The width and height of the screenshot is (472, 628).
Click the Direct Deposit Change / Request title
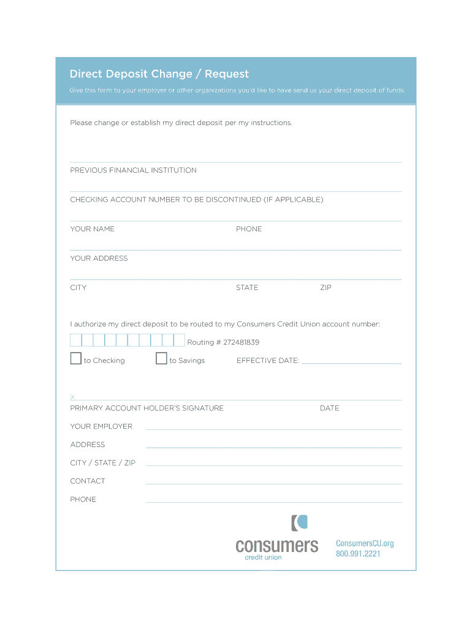point(159,74)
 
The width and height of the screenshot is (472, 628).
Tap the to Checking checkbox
point(75,359)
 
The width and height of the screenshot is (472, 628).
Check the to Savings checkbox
point(161,359)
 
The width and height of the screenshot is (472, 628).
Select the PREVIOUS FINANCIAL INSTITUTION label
point(133,170)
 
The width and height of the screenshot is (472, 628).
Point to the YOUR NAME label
point(92,229)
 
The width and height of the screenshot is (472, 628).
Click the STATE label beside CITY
point(247,288)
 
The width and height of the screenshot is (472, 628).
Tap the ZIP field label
point(325,288)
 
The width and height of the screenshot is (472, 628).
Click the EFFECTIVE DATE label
point(268,361)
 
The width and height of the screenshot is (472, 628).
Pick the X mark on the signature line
point(72,397)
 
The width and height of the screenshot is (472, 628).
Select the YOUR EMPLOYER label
point(101,427)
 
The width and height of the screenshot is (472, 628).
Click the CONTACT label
point(88,481)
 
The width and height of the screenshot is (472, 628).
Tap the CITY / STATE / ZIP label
point(103,463)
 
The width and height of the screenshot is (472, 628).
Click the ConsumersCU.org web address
point(365,543)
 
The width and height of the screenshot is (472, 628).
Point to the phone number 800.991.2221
point(358,554)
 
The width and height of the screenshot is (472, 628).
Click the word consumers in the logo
point(277,545)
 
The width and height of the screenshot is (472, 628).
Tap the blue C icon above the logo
point(299,523)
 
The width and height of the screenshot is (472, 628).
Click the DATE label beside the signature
point(329,408)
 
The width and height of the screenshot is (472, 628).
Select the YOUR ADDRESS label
point(99,259)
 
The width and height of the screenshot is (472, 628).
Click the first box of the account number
point(76,340)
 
